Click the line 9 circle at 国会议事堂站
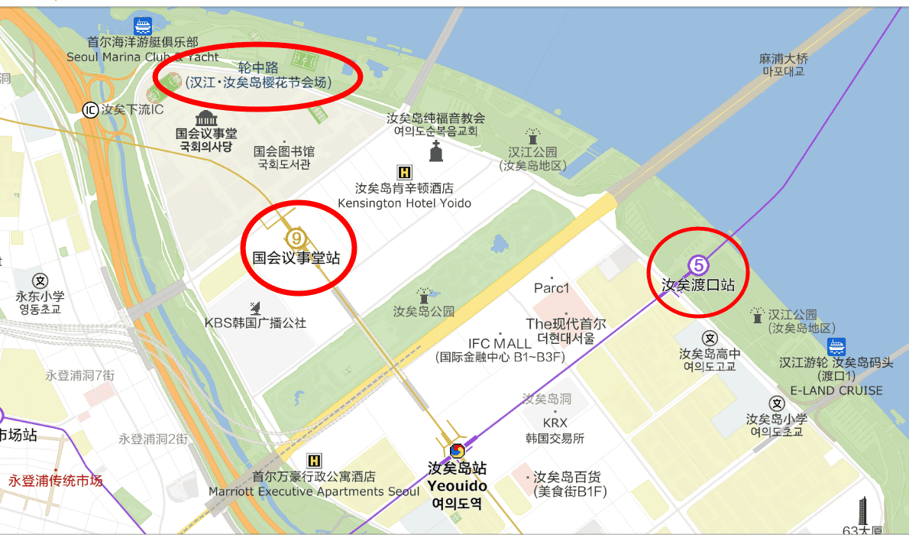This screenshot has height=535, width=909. (x=297, y=238)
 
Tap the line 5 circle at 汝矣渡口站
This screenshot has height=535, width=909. (x=699, y=265)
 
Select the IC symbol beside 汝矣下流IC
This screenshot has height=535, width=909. (x=91, y=110)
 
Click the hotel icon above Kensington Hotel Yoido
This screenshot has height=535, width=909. (x=404, y=172)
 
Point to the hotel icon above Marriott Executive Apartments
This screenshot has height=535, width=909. (x=313, y=460)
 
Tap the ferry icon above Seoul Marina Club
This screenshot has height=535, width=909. (x=142, y=26)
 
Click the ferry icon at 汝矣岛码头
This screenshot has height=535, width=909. (x=837, y=346)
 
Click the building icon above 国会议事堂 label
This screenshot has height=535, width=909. (x=206, y=118)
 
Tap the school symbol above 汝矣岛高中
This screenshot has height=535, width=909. (x=710, y=339)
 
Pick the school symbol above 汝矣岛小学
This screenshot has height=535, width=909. (x=778, y=404)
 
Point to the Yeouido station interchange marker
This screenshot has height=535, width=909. (x=457, y=451)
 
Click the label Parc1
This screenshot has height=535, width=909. (x=552, y=288)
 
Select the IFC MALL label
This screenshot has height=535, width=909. (x=500, y=343)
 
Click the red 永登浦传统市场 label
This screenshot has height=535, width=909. (x=55, y=481)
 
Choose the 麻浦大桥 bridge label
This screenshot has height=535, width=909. (x=783, y=59)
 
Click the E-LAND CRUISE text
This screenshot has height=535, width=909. (x=836, y=391)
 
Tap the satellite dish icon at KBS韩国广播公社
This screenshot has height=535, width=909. (x=255, y=308)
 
